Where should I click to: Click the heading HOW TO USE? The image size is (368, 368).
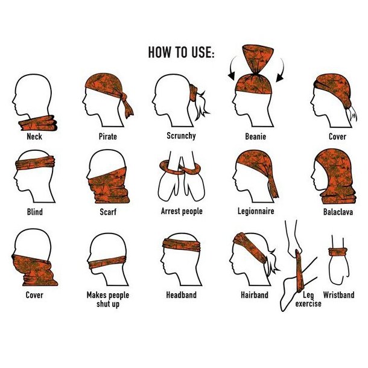(181, 52)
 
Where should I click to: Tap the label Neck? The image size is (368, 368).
(34, 136)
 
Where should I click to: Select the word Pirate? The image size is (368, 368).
(108, 136)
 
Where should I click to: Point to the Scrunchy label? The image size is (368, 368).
(181, 136)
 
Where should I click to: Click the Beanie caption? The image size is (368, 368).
(256, 136)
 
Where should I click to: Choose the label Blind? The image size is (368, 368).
(35, 212)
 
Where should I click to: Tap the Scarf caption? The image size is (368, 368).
(108, 212)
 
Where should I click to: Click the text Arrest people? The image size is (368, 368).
(182, 211)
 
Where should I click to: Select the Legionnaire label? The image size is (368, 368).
(256, 211)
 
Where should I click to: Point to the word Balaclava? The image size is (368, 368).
(338, 212)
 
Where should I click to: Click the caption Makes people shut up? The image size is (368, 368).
(108, 299)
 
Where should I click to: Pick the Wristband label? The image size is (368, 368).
(338, 295)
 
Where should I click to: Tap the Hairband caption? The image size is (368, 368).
(255, 295)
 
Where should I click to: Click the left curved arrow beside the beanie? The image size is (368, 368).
(231, 68)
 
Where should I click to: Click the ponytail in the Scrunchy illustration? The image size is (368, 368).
(201, 104)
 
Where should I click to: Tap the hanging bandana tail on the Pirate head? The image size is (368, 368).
(127, 107)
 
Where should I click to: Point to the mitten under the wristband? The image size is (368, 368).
(339, 270)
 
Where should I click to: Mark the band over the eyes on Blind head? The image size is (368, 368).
(35, 162)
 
